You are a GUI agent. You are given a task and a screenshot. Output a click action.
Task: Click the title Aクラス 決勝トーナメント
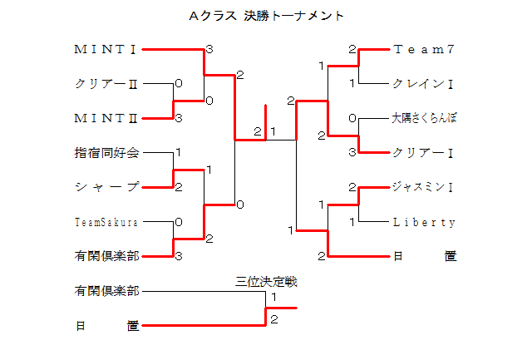[x=266, y=16]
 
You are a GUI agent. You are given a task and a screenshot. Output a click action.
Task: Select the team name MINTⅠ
[x=106, y=49]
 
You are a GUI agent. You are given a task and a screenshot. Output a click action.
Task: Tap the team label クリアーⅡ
[x=106, y=84]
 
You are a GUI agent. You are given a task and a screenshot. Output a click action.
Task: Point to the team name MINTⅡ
[x=106, y=118]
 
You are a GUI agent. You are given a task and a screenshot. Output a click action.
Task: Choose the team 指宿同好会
[x=106, y=153]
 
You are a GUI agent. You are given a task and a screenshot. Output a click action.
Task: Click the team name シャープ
[x=106, y=187]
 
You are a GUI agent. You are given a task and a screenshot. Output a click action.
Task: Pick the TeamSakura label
[x=106, y=222]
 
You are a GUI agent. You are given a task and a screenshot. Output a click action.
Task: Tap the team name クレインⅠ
[x=423, y=84]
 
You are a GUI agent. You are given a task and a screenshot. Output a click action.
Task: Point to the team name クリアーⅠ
[x=423, y=153]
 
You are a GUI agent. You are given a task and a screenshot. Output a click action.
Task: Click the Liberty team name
[x=424, y=222]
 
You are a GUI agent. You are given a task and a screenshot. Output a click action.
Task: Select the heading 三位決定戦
[x=266, y=282]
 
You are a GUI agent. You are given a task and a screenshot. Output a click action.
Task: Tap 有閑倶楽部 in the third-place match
[x=106, y=291]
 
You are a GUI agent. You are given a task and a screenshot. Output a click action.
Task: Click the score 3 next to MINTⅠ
[x=209, y=49]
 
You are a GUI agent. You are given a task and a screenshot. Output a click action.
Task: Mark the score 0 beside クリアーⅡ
[x=178, y=84]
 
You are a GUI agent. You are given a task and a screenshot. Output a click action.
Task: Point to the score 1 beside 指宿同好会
[x=178, y=153]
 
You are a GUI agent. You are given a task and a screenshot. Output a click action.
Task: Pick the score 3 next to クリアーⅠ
[x=352, y=152]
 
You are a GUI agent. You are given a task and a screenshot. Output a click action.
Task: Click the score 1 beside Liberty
[x=352, y=222]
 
